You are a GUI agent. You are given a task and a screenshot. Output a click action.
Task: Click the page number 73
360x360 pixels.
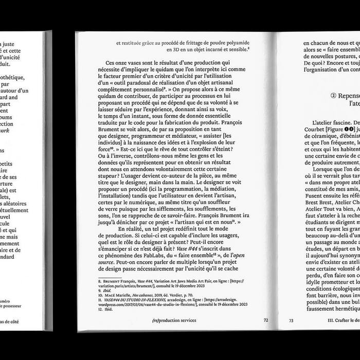pos(291,320)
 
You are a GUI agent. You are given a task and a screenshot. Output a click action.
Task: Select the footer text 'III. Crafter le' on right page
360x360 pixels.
pos(343,320)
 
